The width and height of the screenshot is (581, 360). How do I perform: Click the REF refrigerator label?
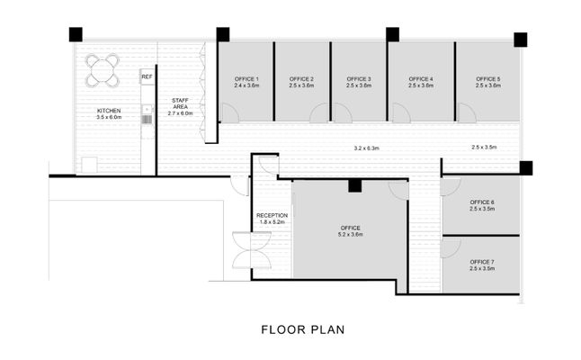(x=147, y=77)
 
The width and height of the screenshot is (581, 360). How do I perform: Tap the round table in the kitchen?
(x=103, y=70)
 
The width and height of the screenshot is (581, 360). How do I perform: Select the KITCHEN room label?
(x=109, y=111)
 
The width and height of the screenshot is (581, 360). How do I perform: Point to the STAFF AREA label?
(x=181, y=103)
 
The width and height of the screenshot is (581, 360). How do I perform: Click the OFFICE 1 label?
(x=246, y=79)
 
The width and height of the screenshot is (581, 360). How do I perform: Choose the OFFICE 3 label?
(x=359, y=79)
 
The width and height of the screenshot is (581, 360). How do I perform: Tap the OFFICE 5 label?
(x=488, y=79)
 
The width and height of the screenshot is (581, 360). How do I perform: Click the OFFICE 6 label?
(x=482, y=202)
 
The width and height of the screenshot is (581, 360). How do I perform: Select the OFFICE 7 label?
(x=482, y=262)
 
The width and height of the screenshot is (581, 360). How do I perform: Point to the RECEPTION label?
(x=272, y=215)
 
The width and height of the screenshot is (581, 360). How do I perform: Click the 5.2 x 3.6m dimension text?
(x=350, y=234)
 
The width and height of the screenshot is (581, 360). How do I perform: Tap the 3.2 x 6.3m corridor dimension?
(x=366, y=148)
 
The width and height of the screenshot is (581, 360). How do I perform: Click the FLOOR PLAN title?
(x=303, y=329)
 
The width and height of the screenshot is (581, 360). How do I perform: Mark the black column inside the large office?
(x=354, y=185)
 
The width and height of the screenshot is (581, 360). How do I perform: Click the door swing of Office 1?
(x=229, y=112)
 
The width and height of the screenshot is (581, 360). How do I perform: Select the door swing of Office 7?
(x=451, y=248)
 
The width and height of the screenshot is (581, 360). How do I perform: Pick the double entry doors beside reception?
(x=252, y=250)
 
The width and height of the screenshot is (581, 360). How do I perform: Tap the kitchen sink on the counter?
(x=147, y=110)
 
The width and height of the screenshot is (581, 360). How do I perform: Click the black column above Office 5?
(x=520, y=40)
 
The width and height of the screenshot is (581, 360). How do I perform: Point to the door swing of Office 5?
(x=468, y=112)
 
